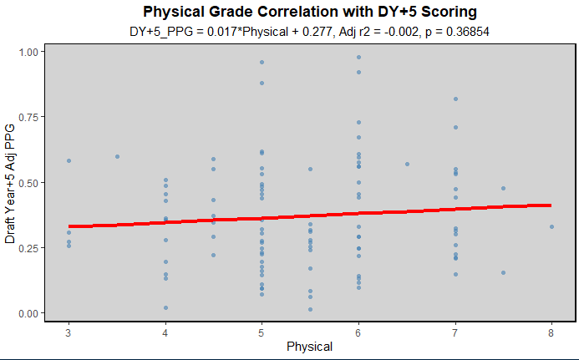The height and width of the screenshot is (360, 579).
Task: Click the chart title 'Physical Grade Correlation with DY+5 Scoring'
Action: click(310, 12)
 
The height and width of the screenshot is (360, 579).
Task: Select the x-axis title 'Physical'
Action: click(310, 346)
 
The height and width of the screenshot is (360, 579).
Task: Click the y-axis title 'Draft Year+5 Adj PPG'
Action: click(11, 181)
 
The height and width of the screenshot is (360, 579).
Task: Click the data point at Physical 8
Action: click(551, 226)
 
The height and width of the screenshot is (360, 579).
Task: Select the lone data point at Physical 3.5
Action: click(117, 156)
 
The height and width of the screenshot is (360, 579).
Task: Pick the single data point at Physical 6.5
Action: click(407, 164)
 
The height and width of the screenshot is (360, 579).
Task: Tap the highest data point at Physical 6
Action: click(358, 57)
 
